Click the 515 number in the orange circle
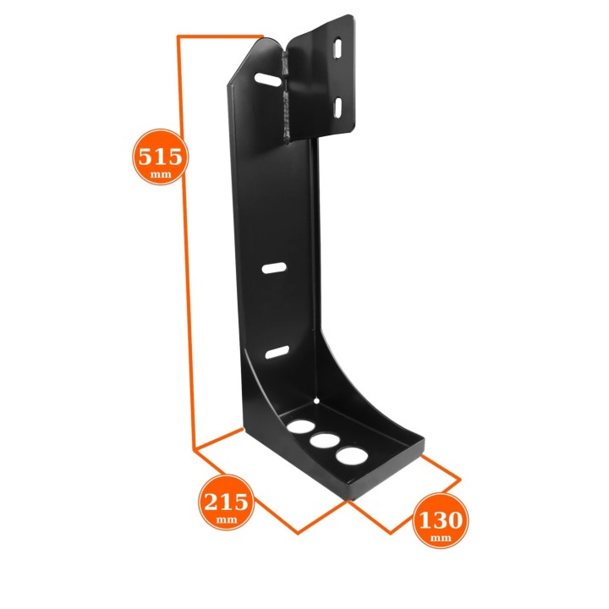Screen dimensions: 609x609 tap(160, 156)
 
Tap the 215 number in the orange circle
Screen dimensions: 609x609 tap(226, 502)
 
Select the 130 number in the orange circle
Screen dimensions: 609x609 tap(441, 520)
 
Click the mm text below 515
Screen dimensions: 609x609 tap(161, 174)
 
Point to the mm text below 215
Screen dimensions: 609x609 tap(227, 519)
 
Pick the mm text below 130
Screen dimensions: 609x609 tap(441, 538)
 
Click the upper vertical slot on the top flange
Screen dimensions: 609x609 tap(337, 48)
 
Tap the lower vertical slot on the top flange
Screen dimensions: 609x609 tap(337, 107)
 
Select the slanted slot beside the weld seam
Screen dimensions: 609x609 tap(267, 79)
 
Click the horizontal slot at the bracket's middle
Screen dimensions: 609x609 tap(274, 268)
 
